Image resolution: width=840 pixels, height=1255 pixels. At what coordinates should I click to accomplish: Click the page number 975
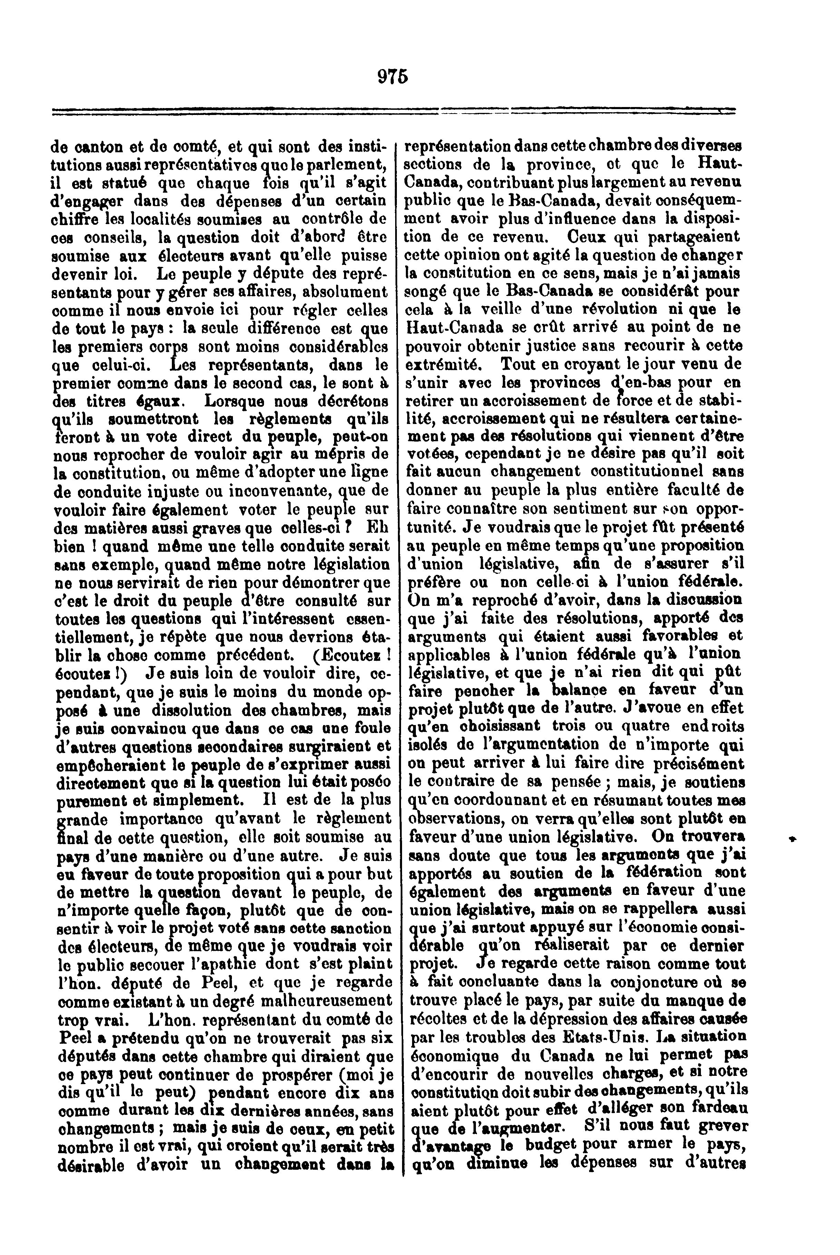click(393, 77)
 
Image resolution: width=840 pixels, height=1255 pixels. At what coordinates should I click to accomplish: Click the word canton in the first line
click(98, 146)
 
